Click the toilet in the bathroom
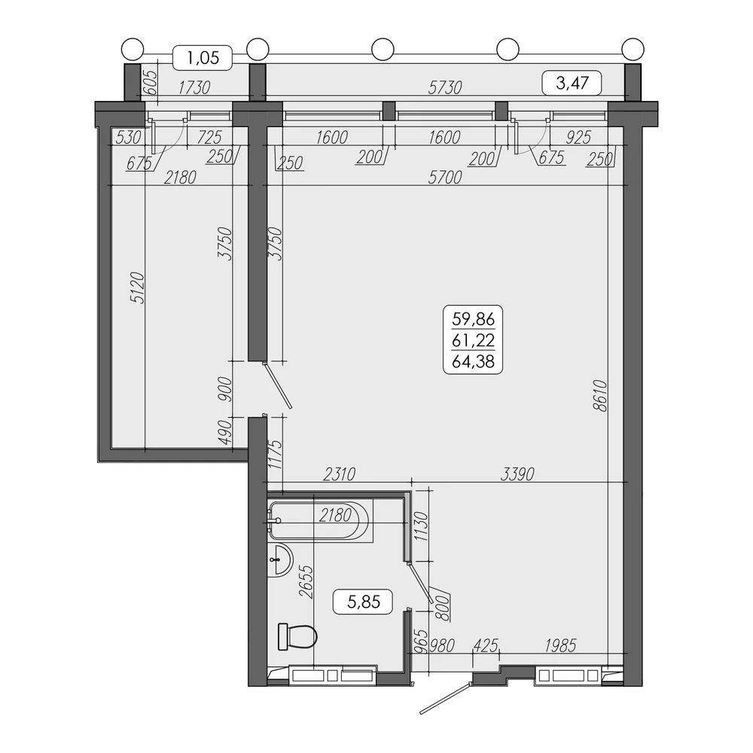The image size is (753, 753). pyautogui.click(x=297, y=637)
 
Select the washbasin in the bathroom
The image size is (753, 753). pyautogui.click(x=280, y=559)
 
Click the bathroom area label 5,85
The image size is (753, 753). pyautogui.click(x=364, y=602)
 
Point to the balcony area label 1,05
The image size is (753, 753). pyautogui.click(x=203, y=58)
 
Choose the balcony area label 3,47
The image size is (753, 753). pyautogui.click(x=572, y=83)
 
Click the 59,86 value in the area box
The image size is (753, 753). pyautogui.click(x=473, y=319)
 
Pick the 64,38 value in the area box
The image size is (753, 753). pyautogui.click(x=473, y=361)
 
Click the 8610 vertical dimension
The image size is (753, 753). pyautogui.click(x=600, y=396)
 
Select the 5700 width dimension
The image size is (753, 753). pyautogui.click(x=445, y=177)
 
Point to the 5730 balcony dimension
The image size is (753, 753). pyautogui.click(x=445, y=87)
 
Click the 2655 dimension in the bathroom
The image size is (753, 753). pyautogui.click(x=306, y=581)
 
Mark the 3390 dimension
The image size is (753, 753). pyautogui.click(x=517, y=474)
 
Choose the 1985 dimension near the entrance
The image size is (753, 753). pyautogui.click(x=560, y=645)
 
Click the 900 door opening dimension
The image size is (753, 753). pyautogui.click(x=225, y=389)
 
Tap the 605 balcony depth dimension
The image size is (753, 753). pyautogui.click(x=151, y=82)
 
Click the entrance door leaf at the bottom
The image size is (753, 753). pyautogui.click(x=445, y=698)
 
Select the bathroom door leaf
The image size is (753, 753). pyautogui.click(x=420, y=583)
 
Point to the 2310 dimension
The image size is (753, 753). pyautogui.click(x=339, y=474)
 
